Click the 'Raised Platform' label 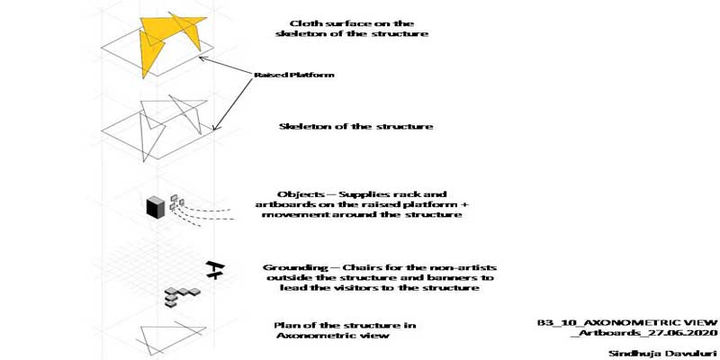click(294, 75)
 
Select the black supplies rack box click(155, 206)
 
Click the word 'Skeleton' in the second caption click(300, 126)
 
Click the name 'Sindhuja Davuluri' click(662, 353)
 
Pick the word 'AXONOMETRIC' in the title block click(634, 322)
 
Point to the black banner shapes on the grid click(215, 270)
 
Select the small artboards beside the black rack click(176, 202)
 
